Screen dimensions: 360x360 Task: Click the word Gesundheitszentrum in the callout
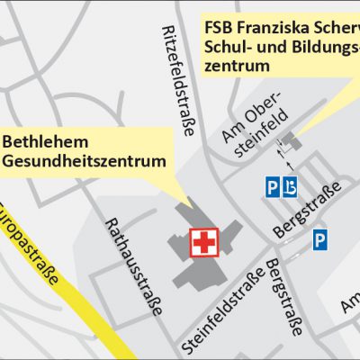(x=85, y=162)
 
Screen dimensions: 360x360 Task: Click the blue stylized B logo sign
(x=290, y=187)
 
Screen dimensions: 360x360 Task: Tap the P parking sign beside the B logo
(x=273, y=187)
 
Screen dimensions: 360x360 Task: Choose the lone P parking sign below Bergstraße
(x=320, y=240)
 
